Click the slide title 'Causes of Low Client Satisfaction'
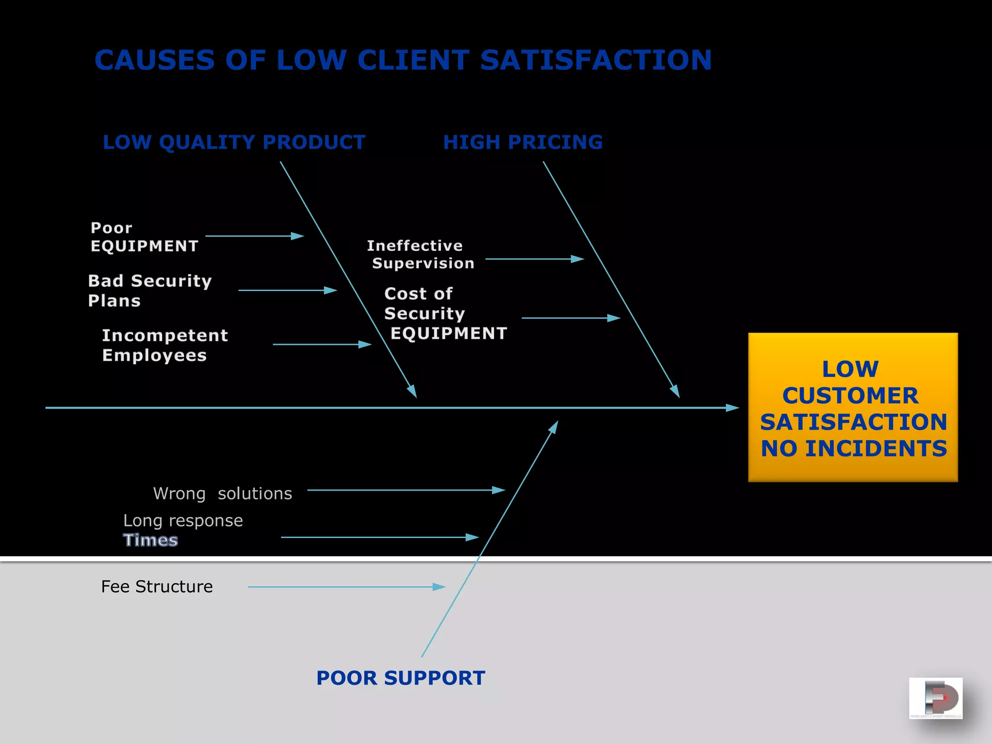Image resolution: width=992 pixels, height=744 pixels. [403, 60]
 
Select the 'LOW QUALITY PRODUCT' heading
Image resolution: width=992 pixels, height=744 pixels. [234, 142]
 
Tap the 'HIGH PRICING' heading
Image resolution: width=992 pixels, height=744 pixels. [523, 142]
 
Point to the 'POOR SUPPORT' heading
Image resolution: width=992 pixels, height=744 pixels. [401, 678]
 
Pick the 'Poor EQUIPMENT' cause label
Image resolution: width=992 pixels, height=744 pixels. [144, 237]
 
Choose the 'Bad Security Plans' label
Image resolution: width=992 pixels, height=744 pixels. [150, 291]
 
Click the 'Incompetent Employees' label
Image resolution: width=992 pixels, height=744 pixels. [165, 345]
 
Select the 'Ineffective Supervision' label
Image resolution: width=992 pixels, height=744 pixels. [420, 254]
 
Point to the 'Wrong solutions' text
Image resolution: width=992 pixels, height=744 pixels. [222, 494]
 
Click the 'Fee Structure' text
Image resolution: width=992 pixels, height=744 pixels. [156, 587]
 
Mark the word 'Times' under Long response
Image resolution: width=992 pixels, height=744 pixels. [150, 540]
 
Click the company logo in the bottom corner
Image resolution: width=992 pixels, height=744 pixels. [935, 698]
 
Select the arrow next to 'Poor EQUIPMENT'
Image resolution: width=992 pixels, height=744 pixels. [255, 236]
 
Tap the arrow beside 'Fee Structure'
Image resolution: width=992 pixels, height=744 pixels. [346, 587]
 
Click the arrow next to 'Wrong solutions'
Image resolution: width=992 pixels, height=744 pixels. [406, 490]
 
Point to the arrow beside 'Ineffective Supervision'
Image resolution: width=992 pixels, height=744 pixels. [535, 259]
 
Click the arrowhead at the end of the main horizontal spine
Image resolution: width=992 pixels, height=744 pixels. [732, 408]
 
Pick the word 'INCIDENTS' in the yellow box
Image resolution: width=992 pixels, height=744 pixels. [876, 449]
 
